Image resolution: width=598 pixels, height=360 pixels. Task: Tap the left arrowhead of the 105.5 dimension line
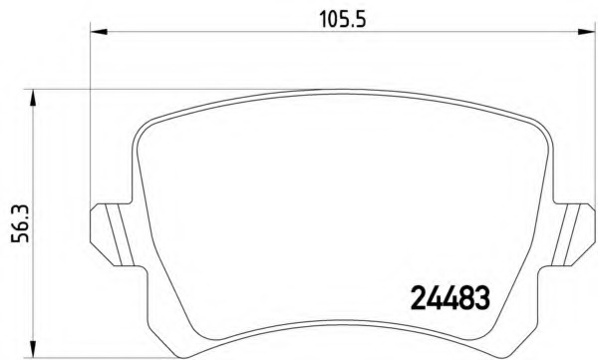[98, 35]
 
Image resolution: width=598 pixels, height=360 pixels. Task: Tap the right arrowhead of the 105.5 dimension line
[588, 35]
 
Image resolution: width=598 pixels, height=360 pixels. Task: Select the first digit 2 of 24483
[418, 296]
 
